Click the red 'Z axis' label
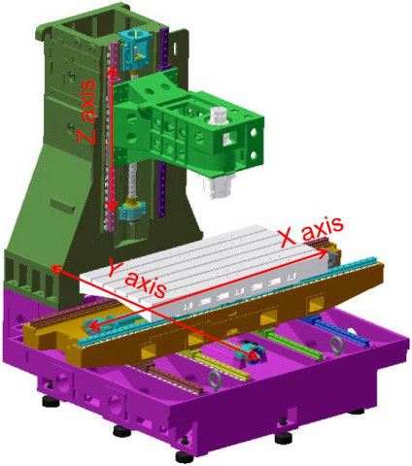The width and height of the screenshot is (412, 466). pyautogui.click(x=86, y=111)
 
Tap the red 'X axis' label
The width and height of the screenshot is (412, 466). pyautogui.click(x=312, y=231)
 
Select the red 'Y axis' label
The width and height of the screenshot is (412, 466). pyautogui.click(x=136, y=278)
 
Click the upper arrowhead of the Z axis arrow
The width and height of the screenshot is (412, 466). pyautogui.click(x=112, y=71)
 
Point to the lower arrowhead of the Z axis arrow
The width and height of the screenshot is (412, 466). pyautogui.click(x=112, y=206)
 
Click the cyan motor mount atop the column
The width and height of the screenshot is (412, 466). pyautogui.click(x=134, y=50)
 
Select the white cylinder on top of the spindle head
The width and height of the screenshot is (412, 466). pyautogui.click(x=219, y=116)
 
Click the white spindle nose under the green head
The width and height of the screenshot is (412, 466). pyautogui.click(x=218, y=185)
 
